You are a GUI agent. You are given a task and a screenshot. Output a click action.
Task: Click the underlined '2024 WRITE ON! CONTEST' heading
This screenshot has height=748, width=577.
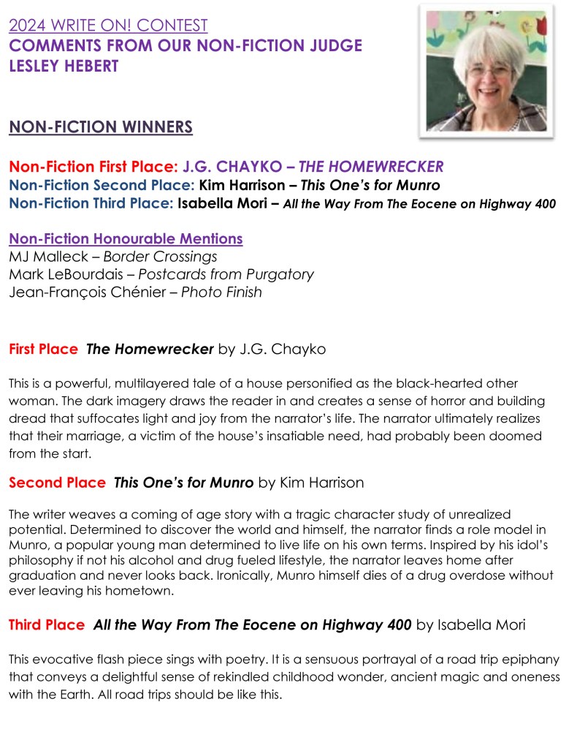(108, 26)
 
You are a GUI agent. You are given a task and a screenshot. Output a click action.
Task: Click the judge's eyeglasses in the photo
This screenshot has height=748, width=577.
(490, 72)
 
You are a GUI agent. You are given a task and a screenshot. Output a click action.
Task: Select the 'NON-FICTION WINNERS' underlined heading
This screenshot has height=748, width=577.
(101, 128)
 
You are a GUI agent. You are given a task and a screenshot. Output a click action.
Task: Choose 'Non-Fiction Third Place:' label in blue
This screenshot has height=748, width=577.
(91, 204)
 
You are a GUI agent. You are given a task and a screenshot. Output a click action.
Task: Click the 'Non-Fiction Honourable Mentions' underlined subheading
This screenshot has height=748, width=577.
(126, 239)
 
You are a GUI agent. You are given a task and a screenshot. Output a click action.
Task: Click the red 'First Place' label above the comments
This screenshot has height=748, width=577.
(43, 350)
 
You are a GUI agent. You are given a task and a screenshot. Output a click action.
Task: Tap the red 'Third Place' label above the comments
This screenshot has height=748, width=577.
(47, 624)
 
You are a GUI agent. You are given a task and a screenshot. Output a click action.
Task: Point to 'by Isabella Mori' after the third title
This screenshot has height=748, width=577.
(470, 624)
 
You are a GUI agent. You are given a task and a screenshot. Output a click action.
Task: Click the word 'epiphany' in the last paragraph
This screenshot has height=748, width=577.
(521, 658)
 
